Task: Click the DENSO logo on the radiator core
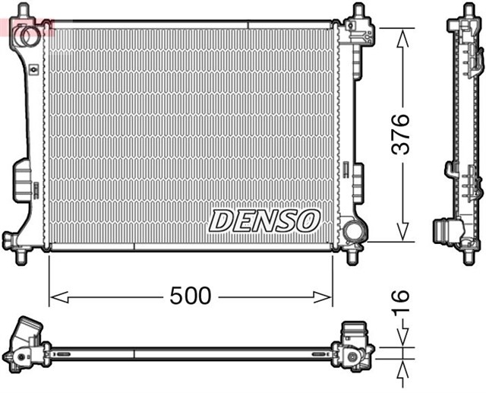click(264, 220)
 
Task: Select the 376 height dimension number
click(400, 135)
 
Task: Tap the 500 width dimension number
click(190, 296)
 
